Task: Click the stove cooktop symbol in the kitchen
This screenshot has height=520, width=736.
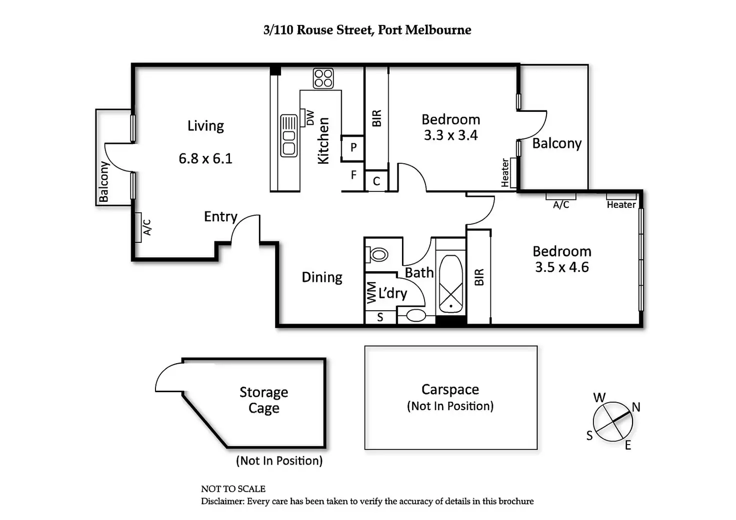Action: tap(323, 78)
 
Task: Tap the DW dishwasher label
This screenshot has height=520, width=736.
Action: tap(309, 117)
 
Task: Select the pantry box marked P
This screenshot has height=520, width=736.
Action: tap(353, 148)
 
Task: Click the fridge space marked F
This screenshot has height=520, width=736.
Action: tap(353, 175)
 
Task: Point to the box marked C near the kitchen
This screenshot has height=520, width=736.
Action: tap(376, 181)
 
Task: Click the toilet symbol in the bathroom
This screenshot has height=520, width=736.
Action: tap(378, 255)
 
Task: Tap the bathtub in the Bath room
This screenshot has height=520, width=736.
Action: tap(450, 285)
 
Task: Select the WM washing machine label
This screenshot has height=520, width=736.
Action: tap(371, 293)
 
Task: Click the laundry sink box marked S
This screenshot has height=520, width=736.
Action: tap(380, 317)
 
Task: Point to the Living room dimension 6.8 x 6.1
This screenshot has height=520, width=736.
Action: tap(205, 159)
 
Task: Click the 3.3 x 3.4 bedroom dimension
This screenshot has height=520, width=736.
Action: tap(450, 135)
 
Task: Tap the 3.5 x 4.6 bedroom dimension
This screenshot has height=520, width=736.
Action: tap(562, 267)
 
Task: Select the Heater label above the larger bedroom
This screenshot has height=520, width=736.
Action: tap(621, 204)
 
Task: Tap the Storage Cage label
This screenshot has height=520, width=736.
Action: tap(263, 400)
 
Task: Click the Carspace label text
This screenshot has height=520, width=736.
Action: tap(450, 390)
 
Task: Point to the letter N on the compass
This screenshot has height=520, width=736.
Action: tap(636, 407)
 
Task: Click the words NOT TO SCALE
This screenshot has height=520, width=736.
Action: tap(233, 489)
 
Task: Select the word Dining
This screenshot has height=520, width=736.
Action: tap(322, 277)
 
